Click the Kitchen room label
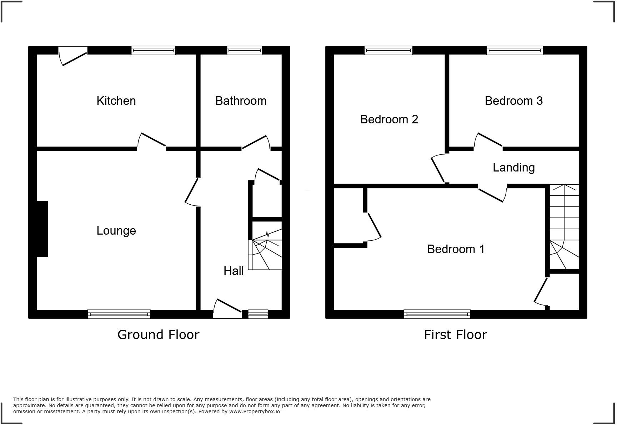pyautogui.click(x=116, y=101)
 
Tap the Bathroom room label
pyautogui.click(x=241, y=101)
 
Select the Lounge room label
pyautogui.click(x=116, y=231)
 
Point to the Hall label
pyautogui.click(x=234, y=271)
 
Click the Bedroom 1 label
pyautogui.click(x=456, y=249)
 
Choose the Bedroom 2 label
pyautogui.click(x=389, y=119)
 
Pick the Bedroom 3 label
pyautogui.click(x=513, y=101)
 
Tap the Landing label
pyautogui.click(x=513, y=168)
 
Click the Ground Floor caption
pyautogui.click(x=158, y=335)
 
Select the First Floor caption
pyautogui.click(x=455, y=335)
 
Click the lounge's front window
pyautogui.click(x=119, y=314)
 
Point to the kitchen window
pyautogui.click(x=154, y=50)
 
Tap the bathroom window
pyautogui.click(x=245, y=50)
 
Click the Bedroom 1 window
pyautogui.click(x=437, y=314)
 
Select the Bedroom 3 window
pyautogui.click(x=515, y=50)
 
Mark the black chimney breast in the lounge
pyautogui.click(x=42, y=229)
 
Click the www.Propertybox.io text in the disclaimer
pyautogui.click(x=255, y=411)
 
